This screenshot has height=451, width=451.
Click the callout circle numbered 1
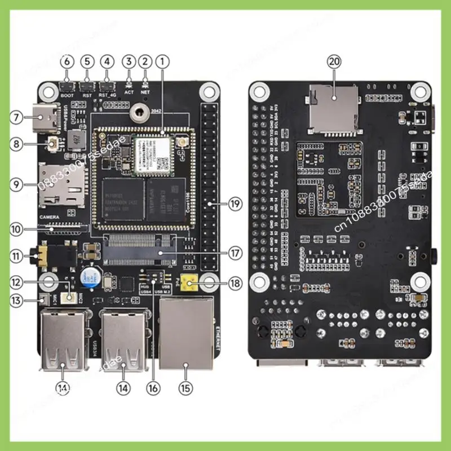click(x=162, y=60)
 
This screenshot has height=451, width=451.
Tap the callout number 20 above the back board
click(x=334, y=62)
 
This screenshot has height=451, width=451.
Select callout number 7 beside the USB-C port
click(x=17, y=118)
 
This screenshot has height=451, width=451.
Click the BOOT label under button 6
click(x=67, y=95)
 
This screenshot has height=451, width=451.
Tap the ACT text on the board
click(x=129, y=92)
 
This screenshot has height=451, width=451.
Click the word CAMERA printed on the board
click(x=50, y=216)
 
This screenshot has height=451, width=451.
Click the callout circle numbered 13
click(x=17, y=302)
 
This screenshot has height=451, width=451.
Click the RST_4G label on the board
click(x=107, y=95)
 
